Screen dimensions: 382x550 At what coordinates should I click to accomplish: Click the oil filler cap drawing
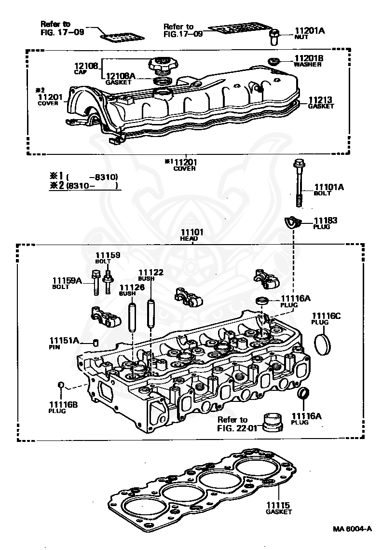[163, 65]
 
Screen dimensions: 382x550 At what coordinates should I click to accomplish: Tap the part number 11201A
[310, 31]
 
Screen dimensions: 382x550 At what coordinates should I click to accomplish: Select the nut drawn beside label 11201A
[273, 37]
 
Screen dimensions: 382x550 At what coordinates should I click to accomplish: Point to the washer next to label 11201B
[273, 61]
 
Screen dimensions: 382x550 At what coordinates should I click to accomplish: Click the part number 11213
[320, 100]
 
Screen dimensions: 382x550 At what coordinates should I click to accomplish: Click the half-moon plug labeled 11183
[293, 222]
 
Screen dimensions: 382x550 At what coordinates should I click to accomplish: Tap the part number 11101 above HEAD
[192, 232]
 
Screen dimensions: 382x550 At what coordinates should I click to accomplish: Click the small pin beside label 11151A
[95, 342]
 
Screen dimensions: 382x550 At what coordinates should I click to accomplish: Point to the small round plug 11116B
[61, 385]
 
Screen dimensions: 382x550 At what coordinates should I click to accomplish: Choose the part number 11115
[278, 505]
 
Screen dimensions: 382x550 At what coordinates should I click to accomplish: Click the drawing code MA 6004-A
[352, 529]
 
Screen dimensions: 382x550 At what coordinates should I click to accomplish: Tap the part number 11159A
[67, 280]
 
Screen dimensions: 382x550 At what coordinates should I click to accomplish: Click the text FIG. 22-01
[237, 428]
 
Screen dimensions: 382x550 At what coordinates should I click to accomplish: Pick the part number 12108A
[120, 76]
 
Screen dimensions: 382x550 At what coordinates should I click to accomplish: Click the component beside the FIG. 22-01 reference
[273, 422]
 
